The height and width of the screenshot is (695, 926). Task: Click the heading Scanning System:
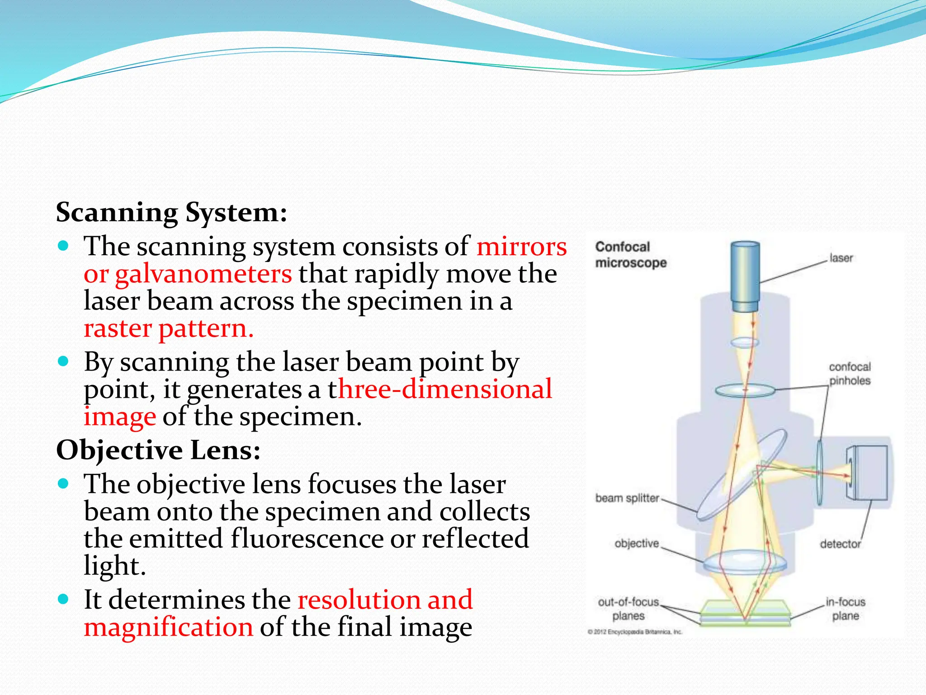171,213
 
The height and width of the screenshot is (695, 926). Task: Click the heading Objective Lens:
158,450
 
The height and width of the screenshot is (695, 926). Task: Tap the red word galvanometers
203,274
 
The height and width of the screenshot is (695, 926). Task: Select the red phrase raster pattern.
168,328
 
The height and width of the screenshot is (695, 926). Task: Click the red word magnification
168,627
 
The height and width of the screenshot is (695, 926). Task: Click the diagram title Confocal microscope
630,255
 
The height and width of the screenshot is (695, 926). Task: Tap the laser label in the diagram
841,258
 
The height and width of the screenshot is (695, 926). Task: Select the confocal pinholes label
849,374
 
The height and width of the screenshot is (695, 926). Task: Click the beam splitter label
627,498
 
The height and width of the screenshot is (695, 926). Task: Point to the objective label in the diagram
636,543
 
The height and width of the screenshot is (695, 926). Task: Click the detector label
840,544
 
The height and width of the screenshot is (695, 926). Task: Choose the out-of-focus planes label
628,609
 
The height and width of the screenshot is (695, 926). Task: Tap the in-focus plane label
845,609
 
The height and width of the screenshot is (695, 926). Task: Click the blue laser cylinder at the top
745,276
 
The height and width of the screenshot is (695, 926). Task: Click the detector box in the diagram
867,472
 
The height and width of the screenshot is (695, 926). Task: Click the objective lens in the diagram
745,563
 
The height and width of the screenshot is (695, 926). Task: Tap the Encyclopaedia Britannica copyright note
634,632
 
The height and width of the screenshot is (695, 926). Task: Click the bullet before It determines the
64,600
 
